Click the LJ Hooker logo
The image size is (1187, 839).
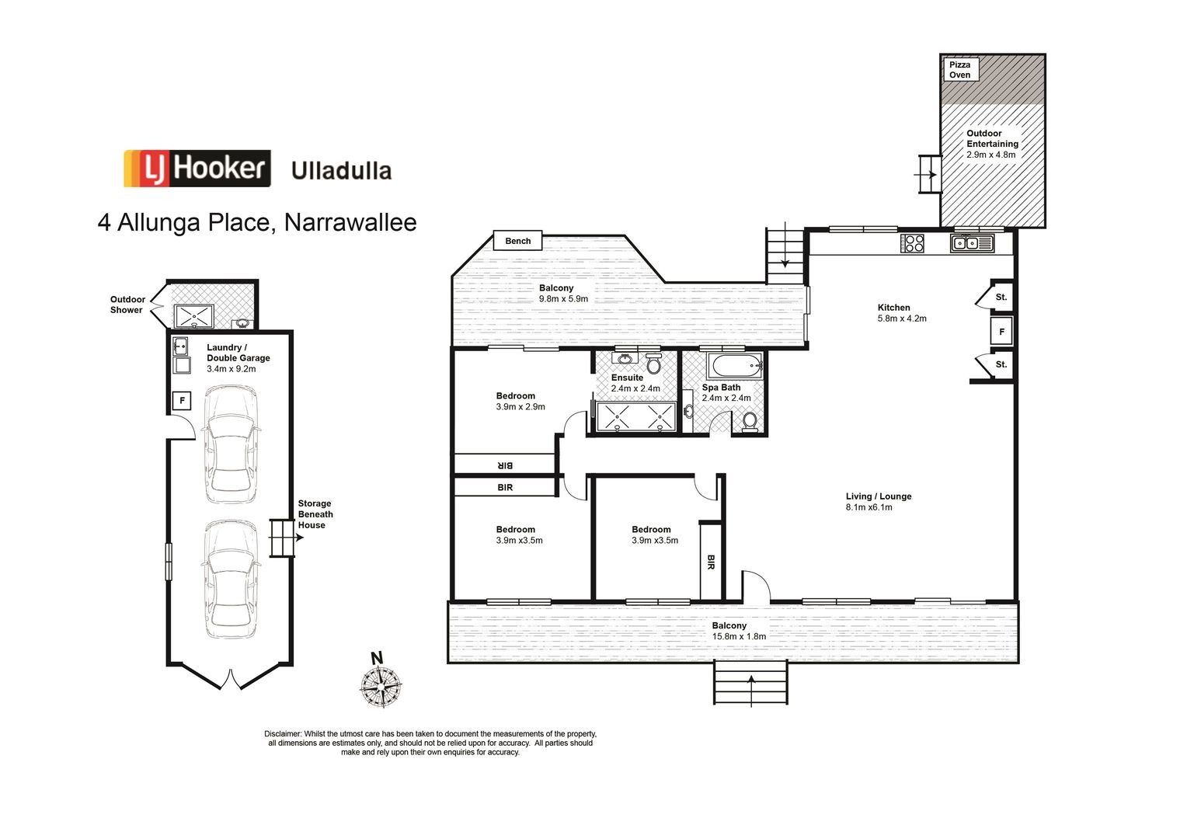click(x=197, y=169)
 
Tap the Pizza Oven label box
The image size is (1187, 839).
click(x=960, y=70)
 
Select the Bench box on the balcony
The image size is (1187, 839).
click(x=517, y=241)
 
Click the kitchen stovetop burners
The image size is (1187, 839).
click(x=913, y=243)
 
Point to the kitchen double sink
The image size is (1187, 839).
click(x=971, y=243)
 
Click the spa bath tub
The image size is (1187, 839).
click(x=735, y=366)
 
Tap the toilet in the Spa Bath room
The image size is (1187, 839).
click(x=750, y=421)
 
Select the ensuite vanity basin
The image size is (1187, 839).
click(x=623, y=359)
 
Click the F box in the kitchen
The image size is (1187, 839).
click(x=1001, y=332)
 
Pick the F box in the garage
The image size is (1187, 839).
click(x=182, y=401)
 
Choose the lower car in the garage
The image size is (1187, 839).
click(x=231, y=576)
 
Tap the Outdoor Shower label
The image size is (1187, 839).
click(x=127, y=305)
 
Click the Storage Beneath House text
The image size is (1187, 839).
click(x=315, y=514)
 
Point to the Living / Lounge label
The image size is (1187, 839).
click(x=879, y=496)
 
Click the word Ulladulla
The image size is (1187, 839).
click(x=341, y=171)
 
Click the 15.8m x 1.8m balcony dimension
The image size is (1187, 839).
click(x=739, y=636)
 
